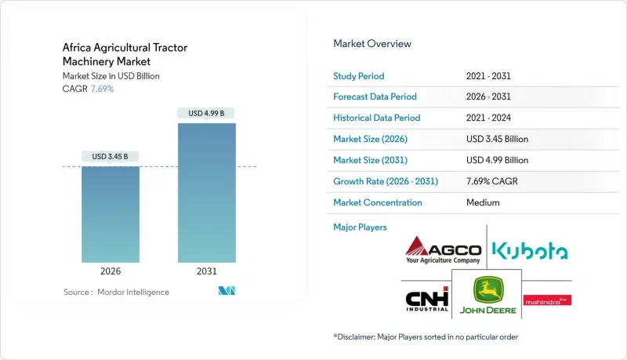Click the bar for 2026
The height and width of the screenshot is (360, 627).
click(x=111, y=213)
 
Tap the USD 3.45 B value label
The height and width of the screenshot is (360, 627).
click(x=111, y=157)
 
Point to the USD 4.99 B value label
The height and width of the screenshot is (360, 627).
click(x=206, y=114)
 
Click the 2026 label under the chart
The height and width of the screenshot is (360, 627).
click(x=111, y=271)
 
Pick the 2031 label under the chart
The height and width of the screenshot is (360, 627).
click(x=206, y=271)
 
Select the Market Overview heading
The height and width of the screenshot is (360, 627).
click(x=372, y=44)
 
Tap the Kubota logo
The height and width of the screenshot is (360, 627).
click(x=530, y=251)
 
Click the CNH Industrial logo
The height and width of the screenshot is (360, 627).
click(x=427, y=300)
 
